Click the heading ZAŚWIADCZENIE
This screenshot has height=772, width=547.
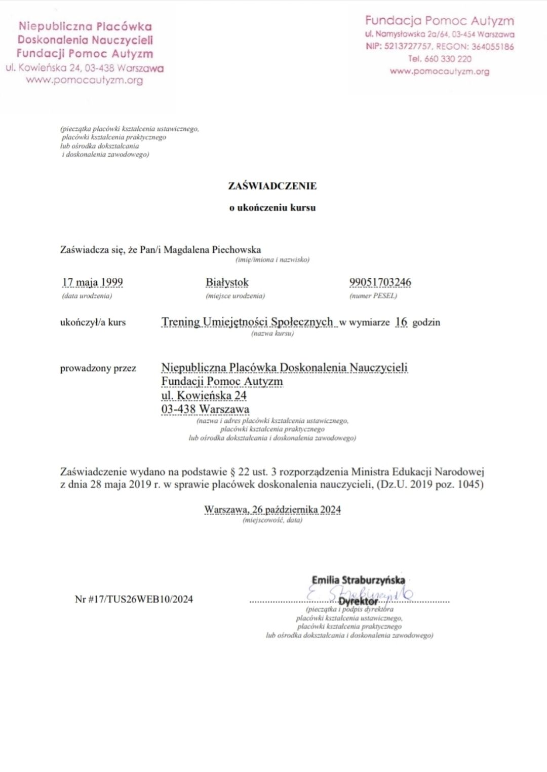tap(272, 186)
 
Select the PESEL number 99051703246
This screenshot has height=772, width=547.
tap(380, 282)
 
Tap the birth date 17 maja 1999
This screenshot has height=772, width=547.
tap(92, 282)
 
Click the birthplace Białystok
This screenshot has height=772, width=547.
tap(227, 282)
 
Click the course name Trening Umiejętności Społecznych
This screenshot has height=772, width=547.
tap(247, 322)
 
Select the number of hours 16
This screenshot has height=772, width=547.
tap(401, 322)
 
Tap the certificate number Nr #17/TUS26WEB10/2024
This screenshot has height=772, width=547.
tap(134, 599)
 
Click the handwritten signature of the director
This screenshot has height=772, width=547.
tap(360, 593)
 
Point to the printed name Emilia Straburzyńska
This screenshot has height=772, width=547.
tap(358, 580)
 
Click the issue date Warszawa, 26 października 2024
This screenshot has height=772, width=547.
tap(272, 509)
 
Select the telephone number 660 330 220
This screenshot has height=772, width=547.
tap(440, 59)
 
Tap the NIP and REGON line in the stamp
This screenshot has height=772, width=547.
tap(440, 47)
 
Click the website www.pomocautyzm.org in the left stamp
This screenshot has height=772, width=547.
tap(85, 80)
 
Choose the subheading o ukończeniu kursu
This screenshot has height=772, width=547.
tap(272, 207)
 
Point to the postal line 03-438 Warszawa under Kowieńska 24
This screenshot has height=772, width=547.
tap(205, 409)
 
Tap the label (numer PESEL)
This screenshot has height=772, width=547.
tap(373, 296)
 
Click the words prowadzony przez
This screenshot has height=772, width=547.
tap(98, 369)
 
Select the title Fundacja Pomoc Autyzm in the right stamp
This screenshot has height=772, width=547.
tap(440, 21)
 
